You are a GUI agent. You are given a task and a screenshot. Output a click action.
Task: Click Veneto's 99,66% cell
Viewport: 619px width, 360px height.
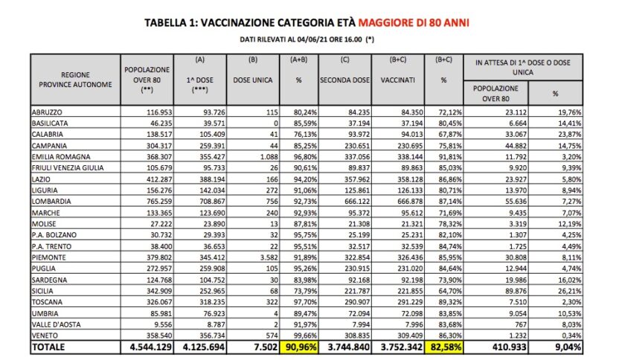tap(300, 335)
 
